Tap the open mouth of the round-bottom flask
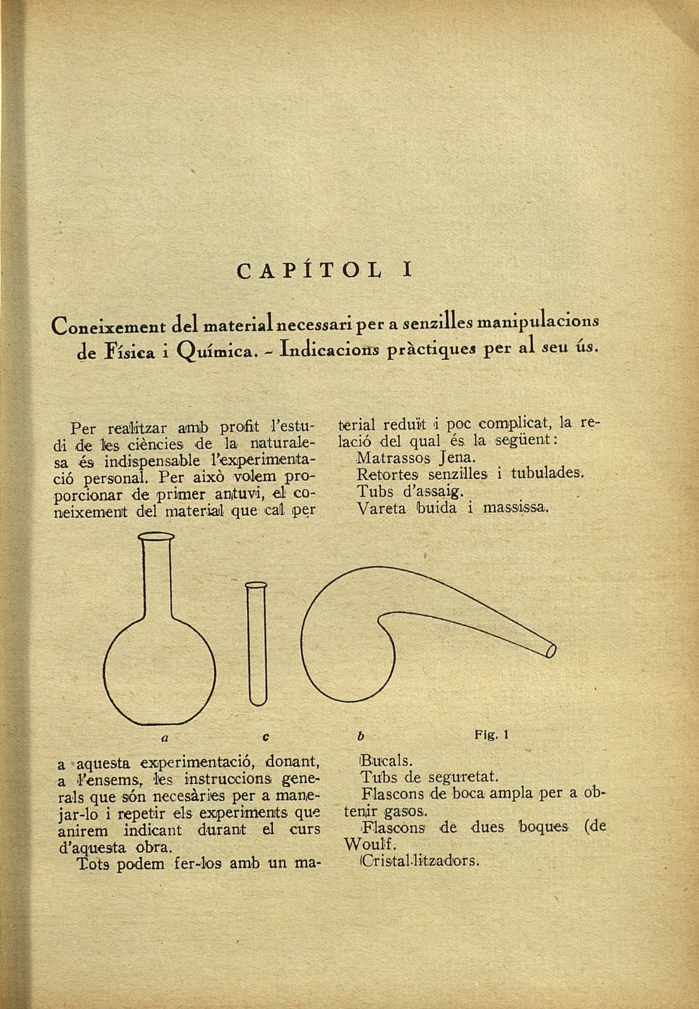(x=157, y=537)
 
